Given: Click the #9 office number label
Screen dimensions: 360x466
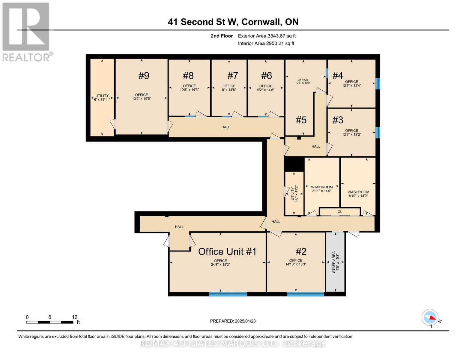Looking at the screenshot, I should [144, 76].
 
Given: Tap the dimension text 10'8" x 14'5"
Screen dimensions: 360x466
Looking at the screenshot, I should [189, 90].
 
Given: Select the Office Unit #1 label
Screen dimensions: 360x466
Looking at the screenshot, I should [227, 251].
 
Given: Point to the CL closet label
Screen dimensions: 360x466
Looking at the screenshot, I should [340, 212].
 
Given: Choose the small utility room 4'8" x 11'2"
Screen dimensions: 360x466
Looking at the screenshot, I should [294, 193].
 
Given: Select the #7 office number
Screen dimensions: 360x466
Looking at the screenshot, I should [232, 76].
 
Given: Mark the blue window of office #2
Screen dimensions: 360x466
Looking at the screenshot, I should [306, 294].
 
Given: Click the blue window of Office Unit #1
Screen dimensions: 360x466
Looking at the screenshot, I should [228, 294].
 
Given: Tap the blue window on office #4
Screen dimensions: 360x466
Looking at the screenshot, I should [378, 84].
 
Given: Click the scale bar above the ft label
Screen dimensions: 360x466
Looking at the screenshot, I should [50, 322].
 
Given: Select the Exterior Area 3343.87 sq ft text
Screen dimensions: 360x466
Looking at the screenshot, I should [267, 36].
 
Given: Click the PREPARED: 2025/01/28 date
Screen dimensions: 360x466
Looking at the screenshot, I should [233, 321].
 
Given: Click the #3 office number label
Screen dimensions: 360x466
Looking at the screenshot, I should [338, 120].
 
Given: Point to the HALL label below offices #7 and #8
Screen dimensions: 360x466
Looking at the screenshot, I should [226, 127].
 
